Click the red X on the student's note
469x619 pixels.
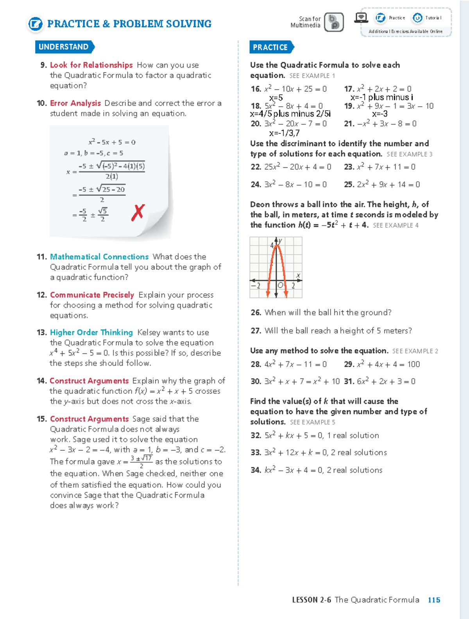click(138, 213)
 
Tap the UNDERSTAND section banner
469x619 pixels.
click(64, 47)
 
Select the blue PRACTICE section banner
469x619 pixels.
click(270, 47)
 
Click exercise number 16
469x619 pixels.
click(256, 89)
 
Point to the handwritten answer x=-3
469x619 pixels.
click(379, 114)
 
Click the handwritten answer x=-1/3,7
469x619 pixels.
click(284, 133)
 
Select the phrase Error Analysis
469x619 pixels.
click(75, 103)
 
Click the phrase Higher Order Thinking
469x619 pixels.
click(91, 332)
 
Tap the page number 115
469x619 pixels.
click(434, 600)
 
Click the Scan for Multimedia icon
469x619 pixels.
click(334, 22)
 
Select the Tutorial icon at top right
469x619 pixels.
click(418, 18)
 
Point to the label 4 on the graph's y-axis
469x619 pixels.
click(272, 246)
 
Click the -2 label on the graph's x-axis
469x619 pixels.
click(256, 286)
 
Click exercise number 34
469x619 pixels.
click(256, 470)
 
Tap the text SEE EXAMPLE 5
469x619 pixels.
click(312, 422)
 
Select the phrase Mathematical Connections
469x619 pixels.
click(99, 257)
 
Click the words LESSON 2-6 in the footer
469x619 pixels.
click(311, 600)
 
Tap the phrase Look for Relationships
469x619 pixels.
click(91, 65)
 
